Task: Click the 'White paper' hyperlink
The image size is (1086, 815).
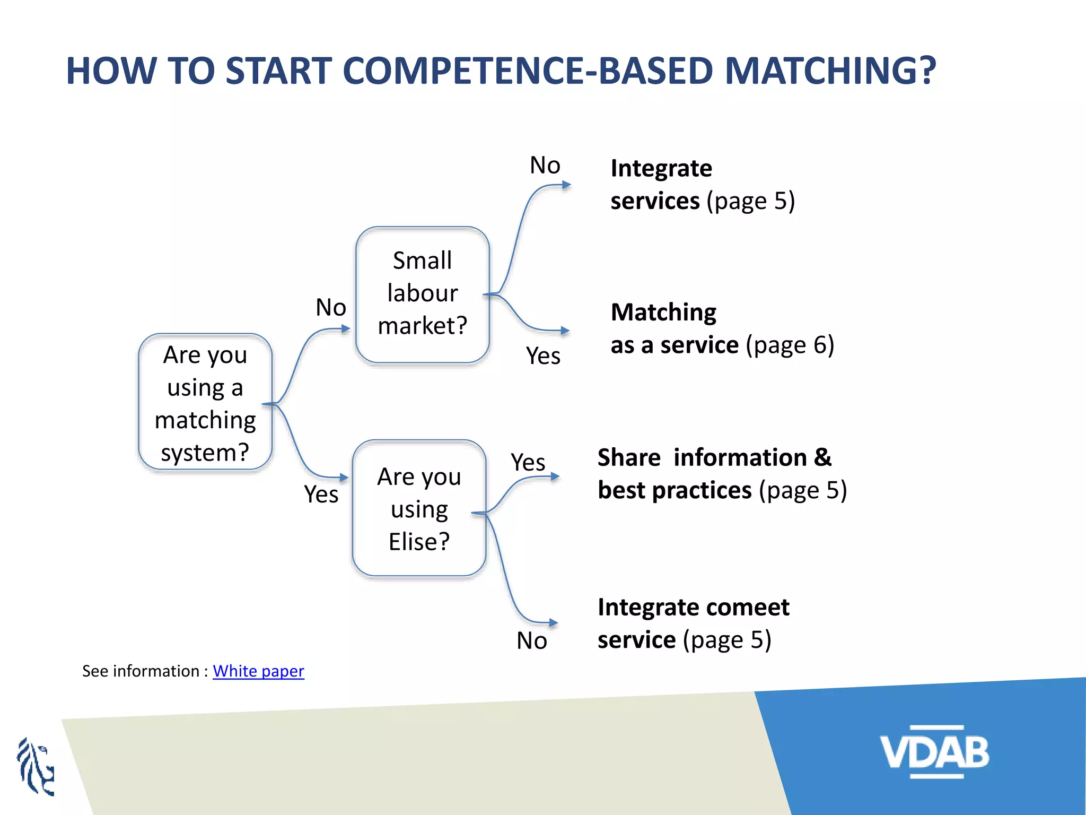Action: pos(258,671)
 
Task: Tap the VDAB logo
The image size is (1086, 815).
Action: pos(934,752)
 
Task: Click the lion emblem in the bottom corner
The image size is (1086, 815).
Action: pos(36,767)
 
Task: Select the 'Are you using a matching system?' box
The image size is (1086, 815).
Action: pos(205,402)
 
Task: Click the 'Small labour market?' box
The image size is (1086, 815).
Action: pos(422,294)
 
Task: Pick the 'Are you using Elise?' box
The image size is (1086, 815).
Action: pos(419,508)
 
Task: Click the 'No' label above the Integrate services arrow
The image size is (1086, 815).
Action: pos(545,166)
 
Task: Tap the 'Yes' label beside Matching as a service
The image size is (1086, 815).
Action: pos(543,356)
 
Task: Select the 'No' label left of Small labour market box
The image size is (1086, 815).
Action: pos(330,307)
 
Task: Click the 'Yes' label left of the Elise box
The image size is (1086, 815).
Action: pos(321,495)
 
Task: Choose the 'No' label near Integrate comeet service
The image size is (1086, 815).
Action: pos(531,641)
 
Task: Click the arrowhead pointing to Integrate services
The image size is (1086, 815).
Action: pos(566,185)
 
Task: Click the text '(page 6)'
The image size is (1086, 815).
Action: pos(790,345)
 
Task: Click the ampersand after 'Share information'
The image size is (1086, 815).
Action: pos(822,457)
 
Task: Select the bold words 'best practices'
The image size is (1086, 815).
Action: pos(674,490)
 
